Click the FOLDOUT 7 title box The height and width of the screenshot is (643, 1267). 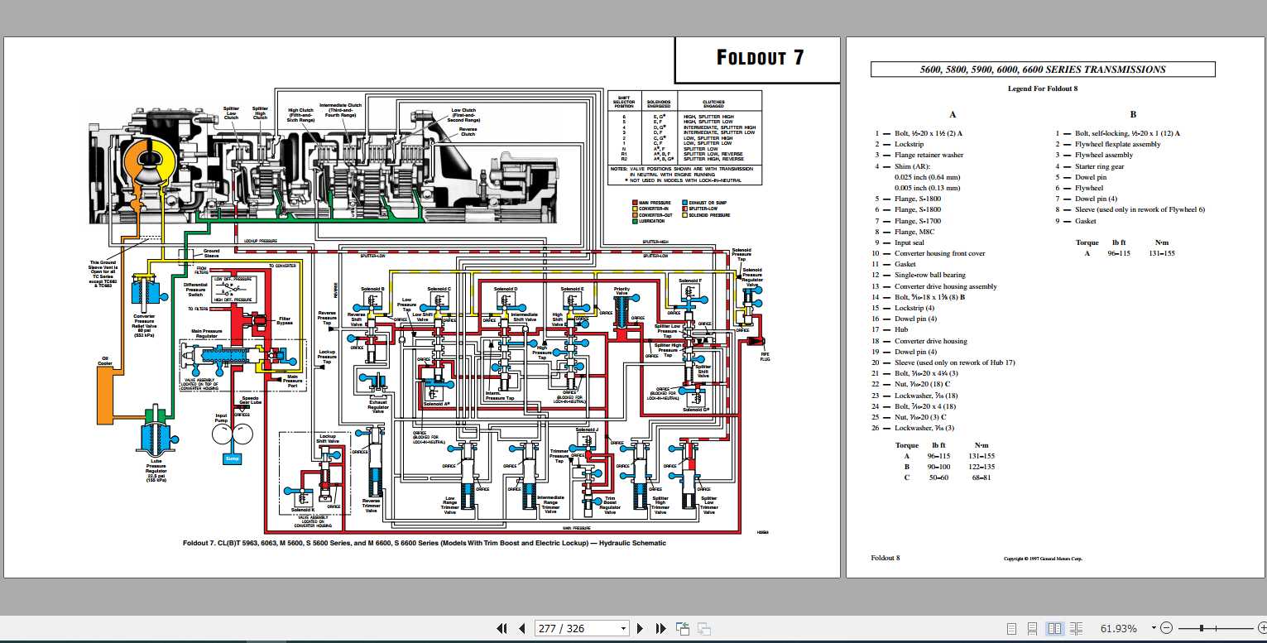point(759,57)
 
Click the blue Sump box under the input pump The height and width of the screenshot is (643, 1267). point(233,458)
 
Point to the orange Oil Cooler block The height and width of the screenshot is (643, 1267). point(106,384)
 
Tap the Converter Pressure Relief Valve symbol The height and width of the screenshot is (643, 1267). point(151,294)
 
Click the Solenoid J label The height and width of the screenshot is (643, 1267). point(587,430)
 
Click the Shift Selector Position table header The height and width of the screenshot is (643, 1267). point(624,101)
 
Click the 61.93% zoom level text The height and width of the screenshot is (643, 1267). point(1118,628)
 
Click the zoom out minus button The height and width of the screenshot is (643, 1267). point(1166,628)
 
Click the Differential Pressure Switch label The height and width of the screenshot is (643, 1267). point(195,289)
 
